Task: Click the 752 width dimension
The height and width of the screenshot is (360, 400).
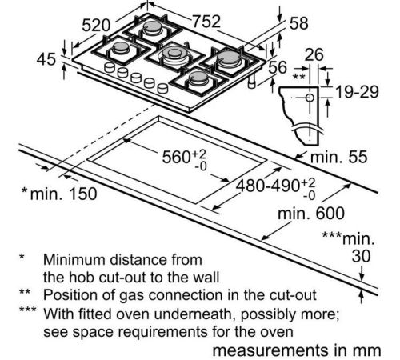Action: point(206,22)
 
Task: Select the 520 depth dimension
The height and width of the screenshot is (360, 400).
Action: point(96,26)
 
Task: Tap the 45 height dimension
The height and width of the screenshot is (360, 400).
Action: point(46,59)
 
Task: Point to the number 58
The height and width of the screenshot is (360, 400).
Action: point(299,23)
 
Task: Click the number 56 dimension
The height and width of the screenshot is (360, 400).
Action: point(278,67)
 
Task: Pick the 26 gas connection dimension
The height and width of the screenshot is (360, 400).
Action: point(314,54)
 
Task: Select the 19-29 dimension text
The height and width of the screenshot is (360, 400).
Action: point(357,92)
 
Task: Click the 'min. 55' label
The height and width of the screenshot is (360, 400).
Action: point(339,157)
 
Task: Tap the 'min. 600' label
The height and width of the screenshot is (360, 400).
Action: point(311,214)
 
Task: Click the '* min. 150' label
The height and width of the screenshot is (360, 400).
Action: point(59,194)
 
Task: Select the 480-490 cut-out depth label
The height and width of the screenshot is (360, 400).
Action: point(267,186)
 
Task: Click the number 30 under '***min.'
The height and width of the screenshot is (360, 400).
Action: point(361,256)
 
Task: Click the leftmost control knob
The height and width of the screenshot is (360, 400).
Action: point(110,67)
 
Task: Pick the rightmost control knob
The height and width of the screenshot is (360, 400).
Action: point(162,88)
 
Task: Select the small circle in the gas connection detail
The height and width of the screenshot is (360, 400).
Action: point(310,98)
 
